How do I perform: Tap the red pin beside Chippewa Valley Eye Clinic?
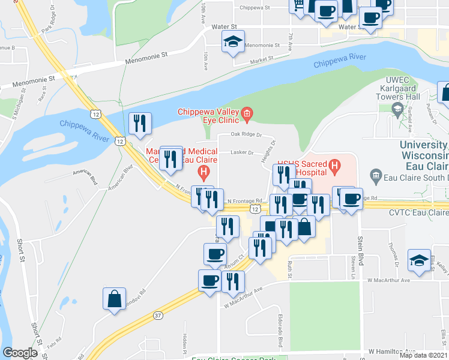[x=246, y=113]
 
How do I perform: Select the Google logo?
[x=20, y=353]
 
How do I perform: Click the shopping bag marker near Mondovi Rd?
[x=114, y=299]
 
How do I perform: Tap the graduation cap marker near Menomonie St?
[x=232, y=43]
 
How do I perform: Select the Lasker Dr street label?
[x=243, y=152]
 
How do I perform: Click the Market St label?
[x=261, y=59]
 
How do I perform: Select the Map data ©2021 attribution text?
[x=423, y=355]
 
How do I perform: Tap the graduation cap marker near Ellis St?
[x=419, y=260]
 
